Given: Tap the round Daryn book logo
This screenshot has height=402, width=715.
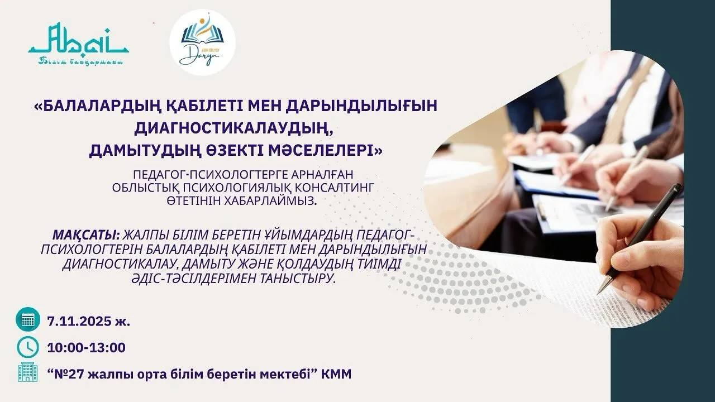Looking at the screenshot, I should point(202,42).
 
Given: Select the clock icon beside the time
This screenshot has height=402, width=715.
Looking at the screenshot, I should point(28,347).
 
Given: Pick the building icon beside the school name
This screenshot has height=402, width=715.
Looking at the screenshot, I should point(28,373).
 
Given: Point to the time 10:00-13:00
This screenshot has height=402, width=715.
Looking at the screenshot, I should point(87,347).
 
